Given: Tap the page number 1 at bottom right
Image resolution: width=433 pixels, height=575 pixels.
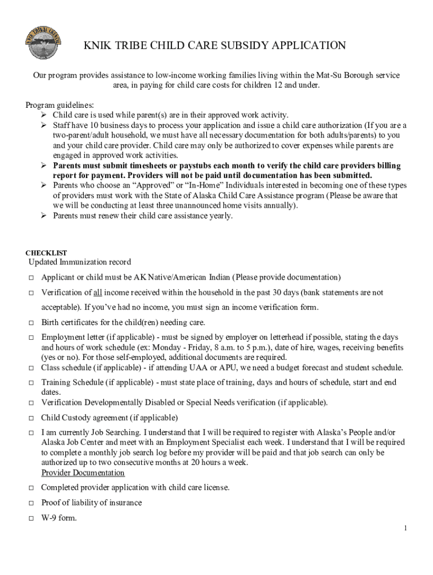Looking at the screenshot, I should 405,528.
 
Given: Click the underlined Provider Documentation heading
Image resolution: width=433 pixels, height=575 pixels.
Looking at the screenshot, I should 83,473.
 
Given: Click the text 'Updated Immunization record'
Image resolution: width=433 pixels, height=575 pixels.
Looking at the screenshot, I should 80,262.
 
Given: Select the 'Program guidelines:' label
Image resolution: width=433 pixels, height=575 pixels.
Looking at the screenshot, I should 60,105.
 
